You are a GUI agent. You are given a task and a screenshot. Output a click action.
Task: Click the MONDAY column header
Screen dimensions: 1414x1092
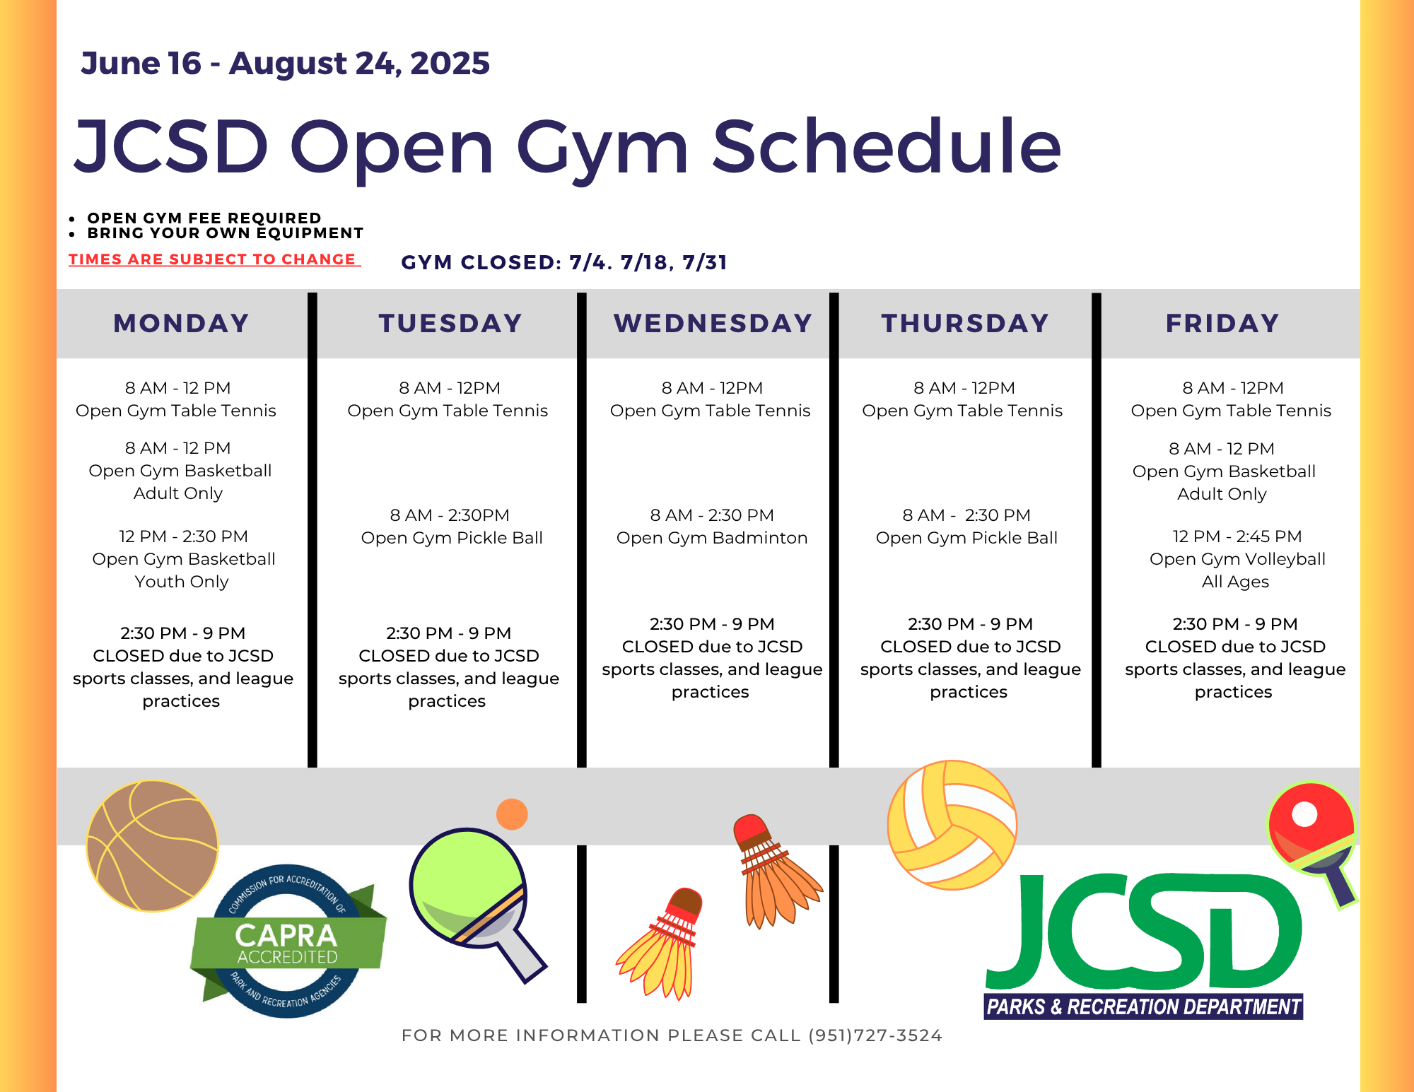[181, 323]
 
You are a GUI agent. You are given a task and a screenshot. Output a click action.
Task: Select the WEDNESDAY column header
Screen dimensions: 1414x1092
[713, 323]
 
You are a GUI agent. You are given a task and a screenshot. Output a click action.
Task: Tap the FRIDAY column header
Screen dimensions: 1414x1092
[1222, 323]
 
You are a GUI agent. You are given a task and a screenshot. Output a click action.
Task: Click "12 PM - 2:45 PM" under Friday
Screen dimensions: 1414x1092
[1237, 536]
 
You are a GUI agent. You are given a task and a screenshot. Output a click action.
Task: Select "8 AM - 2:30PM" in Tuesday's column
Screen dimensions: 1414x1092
[449, 515]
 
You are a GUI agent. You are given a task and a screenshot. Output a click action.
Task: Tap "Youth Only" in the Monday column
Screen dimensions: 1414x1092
[182, 582]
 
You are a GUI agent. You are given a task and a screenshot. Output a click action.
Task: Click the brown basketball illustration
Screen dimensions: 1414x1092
[152, 846]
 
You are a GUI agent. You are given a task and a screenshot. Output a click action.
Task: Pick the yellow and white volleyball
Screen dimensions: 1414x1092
[952, 825]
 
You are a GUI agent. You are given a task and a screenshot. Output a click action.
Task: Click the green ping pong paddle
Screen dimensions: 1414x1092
[474, 898]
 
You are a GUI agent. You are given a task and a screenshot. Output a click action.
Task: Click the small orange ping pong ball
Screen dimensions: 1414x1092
[512, 814]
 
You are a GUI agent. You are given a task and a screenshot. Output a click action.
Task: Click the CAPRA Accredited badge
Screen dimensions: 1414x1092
[287, 941]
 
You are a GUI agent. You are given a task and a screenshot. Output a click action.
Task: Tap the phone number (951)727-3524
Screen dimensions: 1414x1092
[875, 1035]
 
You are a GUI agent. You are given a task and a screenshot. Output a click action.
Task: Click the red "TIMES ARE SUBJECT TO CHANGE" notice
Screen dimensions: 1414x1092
[214, 259]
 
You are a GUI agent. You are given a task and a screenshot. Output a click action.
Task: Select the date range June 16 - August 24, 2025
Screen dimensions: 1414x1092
[285, 64]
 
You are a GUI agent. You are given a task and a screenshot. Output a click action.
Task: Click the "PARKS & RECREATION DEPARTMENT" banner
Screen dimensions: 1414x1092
[1143, 1006]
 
